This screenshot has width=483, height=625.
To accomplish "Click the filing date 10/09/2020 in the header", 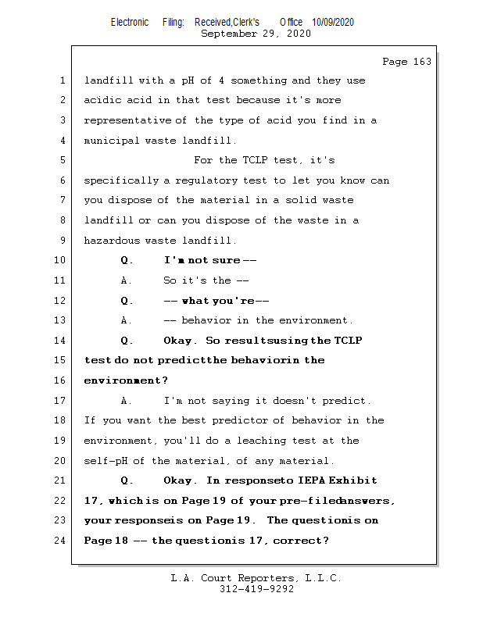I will (x=333, y=23).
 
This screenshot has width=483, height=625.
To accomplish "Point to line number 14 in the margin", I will (x=60, y=341).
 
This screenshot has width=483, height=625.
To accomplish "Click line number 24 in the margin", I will (x=60, y=540).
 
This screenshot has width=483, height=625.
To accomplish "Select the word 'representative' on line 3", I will (x=126, y=120).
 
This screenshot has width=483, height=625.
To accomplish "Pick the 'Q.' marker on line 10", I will (x=127, y=260).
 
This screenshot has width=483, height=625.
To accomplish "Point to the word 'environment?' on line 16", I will (x=126, y=380).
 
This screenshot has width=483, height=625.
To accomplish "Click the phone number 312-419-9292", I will (x=256, y=589).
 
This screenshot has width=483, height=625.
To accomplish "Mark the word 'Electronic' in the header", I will (x=130, y=23).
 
